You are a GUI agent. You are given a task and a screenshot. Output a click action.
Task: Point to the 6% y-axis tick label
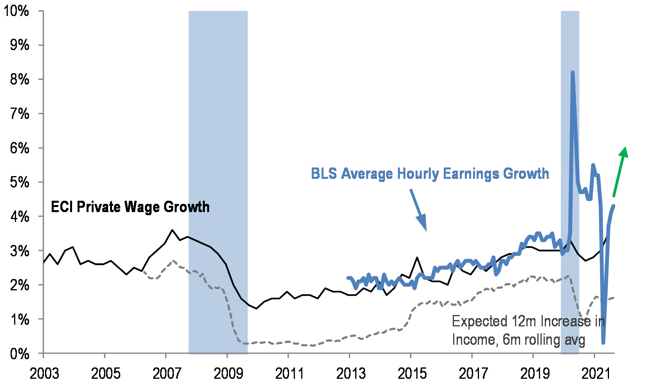(19, 148)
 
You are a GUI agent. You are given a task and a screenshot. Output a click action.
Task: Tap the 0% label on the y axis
(19, 354)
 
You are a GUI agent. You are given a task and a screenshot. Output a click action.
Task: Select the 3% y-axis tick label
(19, 251)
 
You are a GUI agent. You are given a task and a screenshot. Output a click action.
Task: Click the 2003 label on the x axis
(44, 374)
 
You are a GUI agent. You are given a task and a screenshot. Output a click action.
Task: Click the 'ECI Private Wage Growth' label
(130, 207)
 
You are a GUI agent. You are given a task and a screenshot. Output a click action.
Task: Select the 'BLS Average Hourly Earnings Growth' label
(430, 173)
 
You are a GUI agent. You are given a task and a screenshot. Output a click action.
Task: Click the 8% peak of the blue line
(573, 73)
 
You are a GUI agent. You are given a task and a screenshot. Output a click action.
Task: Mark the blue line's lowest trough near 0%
(603, 343)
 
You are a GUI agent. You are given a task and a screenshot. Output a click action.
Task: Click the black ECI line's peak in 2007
(172, 230)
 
